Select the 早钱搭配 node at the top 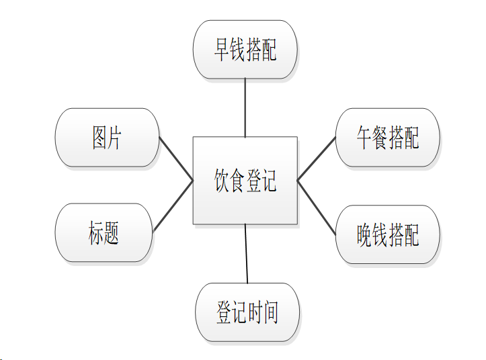click(x=245, y=49)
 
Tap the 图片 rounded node click(x=107, y=137)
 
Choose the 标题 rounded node click(x=104, y=232)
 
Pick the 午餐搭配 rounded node click(x=387, y=137)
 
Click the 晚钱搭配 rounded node click(x=387, y=234)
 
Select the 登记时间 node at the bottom click(x=247, y=313)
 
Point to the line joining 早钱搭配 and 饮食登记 click(x=245, y=107)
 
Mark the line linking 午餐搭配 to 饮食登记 click(x=316, y=159)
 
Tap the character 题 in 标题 click(x=112, y=232)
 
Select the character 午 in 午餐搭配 click(x=364, y=137)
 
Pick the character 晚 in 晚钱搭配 click(x=364, y=234)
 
